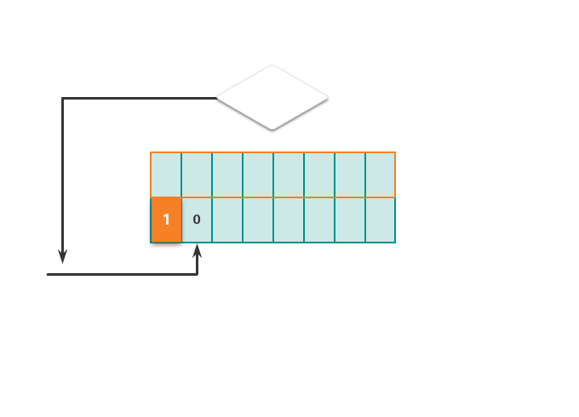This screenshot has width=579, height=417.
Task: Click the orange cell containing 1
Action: pos(166,220)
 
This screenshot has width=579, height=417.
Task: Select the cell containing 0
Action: pos(197,220)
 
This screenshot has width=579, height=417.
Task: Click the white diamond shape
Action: pos(272,97)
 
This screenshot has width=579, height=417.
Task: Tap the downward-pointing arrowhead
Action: pos(63,256)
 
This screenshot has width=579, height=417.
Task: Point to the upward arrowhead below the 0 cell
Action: pos(198,250)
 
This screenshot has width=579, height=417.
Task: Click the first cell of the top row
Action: pos(166,175)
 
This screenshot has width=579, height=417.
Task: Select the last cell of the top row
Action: pos(381,175)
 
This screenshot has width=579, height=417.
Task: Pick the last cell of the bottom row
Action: pos(381,220)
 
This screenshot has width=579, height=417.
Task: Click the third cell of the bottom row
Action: pos(227,220)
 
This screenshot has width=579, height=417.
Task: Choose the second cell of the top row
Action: pos(197,175)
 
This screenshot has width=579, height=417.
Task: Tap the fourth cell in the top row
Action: pos(258,175)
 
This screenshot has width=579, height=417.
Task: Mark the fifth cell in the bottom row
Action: pos(289,220)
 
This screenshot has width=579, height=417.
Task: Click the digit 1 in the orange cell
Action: pos(166,220)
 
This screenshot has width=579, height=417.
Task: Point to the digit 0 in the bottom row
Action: pos(197,220)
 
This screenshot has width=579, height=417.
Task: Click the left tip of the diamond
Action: pos(217,98)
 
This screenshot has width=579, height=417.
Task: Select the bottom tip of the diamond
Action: pos(272,129)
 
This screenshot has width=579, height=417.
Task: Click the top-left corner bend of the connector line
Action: pos(63,98)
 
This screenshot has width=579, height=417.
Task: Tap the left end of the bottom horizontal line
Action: pos(48,274)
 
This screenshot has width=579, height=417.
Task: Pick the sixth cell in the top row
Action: pos(319,175)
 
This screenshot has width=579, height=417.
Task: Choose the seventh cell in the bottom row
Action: pos(350,220)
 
